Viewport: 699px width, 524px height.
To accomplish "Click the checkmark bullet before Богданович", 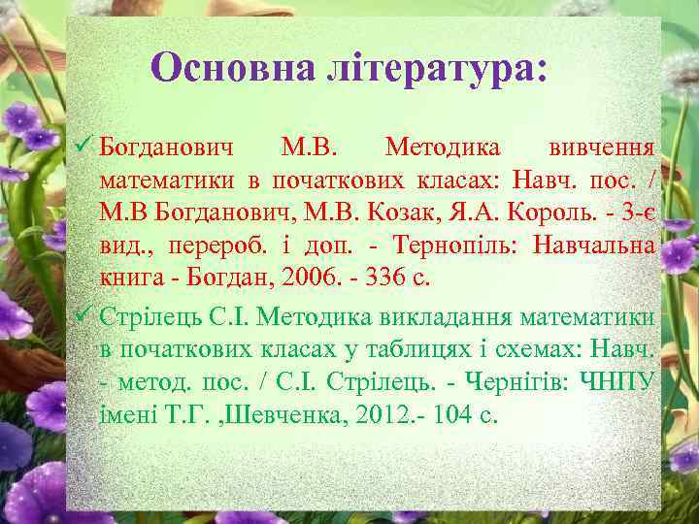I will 83,147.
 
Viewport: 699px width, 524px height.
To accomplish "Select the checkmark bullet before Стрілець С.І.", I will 83,314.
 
